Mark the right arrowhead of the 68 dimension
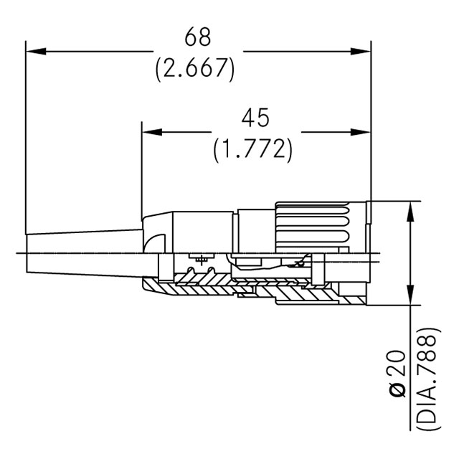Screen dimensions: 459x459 pyautogui.click(x=363, y=52)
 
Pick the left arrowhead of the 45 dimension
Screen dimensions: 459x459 pyautogui.click(x=151, y=132)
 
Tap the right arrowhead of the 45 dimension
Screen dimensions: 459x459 pyautogui.click(x=363, y=132)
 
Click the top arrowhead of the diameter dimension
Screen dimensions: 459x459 pyautogui.click(x=410, y=209)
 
